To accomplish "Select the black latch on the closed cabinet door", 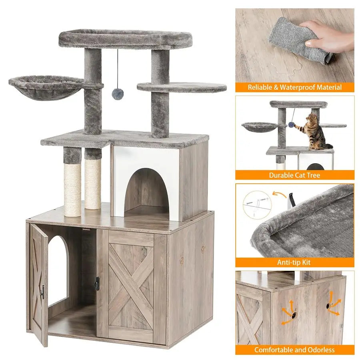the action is [97, 284].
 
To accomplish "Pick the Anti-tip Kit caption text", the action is [294, 262].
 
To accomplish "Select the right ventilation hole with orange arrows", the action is [328, 306].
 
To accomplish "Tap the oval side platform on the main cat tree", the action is [182, 87].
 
